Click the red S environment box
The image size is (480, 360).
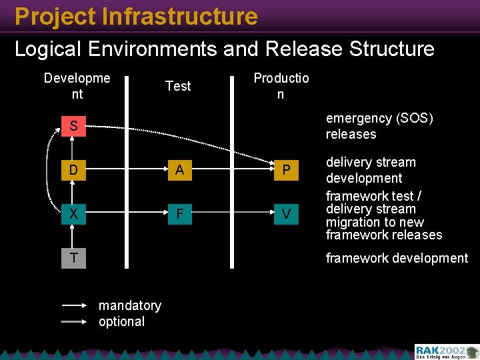(73, 126)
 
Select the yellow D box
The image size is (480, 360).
(73, 170)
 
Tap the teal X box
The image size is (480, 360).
(73, 214)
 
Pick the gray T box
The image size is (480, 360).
(73, 258)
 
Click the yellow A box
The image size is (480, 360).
(179, 170)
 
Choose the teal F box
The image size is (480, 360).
(179, 214)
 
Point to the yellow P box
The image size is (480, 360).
(286, 170)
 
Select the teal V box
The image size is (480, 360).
(286, 214)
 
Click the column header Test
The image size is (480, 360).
(178, 86)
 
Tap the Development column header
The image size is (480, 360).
(77, 86)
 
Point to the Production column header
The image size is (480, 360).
(281, 86)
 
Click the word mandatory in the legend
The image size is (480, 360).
(130, 305)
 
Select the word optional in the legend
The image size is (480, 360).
(121, 321)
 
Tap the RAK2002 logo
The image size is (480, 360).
(445, 351)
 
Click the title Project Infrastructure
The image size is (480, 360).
(136, 16)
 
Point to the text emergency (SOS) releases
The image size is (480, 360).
(379, 126)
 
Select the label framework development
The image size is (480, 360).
(397, 258)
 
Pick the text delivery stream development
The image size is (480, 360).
(371, 170)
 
